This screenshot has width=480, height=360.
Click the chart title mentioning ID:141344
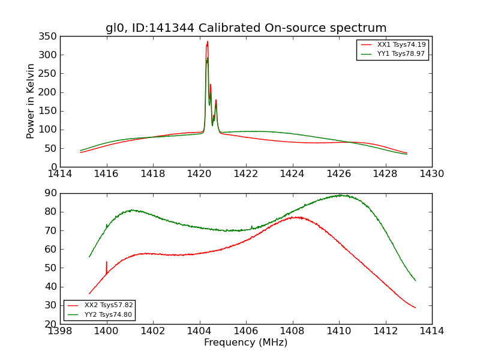coord(246,28)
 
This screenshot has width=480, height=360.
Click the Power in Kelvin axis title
coord(31,101)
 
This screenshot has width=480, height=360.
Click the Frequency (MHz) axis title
coord(245,343)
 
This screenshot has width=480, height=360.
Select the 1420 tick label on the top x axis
coord(199,173)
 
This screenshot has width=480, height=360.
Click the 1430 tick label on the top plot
coord(431,173)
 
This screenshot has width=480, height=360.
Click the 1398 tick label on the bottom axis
coord(61,331)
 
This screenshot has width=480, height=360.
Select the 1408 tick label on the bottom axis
coord(292,331)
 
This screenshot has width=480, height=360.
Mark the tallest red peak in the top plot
coord(208,42)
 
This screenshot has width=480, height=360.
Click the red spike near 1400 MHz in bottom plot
coord(107,262)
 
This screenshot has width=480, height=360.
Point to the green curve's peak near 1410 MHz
coord(340,195)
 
